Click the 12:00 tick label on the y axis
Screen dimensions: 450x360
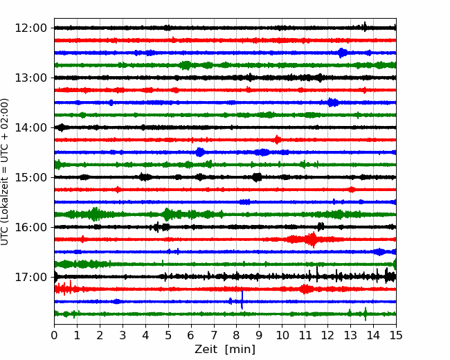point(30,28)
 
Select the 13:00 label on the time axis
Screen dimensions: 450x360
point(30,78)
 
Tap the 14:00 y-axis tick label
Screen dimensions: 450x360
point(30,127)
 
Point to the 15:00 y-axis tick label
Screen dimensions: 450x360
point(30,177)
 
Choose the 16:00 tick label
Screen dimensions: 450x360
point(30,227)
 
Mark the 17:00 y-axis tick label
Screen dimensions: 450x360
point(30,277)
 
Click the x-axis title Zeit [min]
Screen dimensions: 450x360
point(225,350)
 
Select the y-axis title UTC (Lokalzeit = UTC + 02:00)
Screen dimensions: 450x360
point(5,172)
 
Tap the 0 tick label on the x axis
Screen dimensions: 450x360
point(54,335)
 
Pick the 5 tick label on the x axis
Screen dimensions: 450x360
point(168,335)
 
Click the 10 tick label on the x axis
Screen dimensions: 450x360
point(282,335)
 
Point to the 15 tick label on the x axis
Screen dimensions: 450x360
point(396,335)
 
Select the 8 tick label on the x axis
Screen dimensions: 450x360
point(237,335)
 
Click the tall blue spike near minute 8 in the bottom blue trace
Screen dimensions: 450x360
point(242,300)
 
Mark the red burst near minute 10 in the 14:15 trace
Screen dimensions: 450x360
point(277,140)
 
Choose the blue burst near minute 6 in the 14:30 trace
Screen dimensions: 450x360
point(200,152)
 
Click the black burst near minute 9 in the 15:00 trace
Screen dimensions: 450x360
point(257,177)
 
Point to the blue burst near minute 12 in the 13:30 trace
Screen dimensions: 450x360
point(332,102)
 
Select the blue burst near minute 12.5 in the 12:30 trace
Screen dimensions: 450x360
point(343,53)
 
